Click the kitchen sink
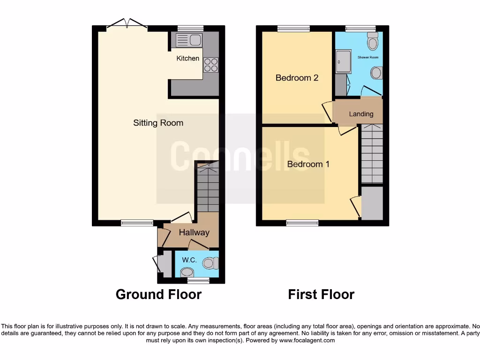(189, 40)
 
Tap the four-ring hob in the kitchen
(210, 65)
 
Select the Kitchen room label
(187, 59)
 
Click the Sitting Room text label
(158, 123)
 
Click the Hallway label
(194, 232)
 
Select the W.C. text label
(189, 260)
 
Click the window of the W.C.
(198, 280)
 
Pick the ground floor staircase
(208, 187)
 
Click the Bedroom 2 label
(297, 78)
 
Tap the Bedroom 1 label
(308, 165)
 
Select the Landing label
(361, 114)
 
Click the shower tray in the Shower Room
(343, 61)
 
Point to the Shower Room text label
(368, 57)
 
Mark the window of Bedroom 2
(293, 28)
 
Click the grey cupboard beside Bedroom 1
(373, 202)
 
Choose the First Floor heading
(321, 294)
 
